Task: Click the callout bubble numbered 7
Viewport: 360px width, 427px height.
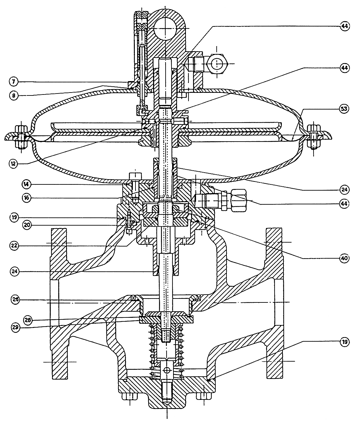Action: click(13, 82)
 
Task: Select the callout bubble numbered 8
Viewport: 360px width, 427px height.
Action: click(13, 96)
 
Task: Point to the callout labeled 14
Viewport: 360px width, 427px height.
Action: click(27, 184)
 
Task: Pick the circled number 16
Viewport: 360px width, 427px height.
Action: click(27, 198)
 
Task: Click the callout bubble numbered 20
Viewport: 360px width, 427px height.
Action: click(27, 225)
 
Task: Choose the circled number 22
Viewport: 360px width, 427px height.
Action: click(14, 246)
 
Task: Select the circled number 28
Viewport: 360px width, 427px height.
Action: click(28, 320)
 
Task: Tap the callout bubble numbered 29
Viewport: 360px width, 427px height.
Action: click(16, 327)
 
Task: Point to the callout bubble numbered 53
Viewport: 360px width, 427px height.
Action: click(344, 109)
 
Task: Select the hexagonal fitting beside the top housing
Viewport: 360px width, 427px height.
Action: click(217, 64)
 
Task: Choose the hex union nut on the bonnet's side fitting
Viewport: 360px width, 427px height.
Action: click(239, 200)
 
